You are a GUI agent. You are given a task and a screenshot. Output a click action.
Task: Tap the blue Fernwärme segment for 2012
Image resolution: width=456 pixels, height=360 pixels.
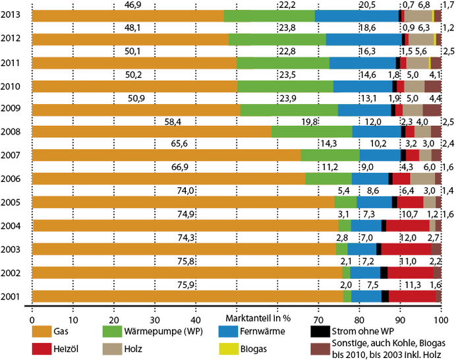point(363,40)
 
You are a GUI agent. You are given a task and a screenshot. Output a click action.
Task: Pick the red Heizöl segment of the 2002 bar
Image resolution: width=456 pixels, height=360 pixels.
point(410,272)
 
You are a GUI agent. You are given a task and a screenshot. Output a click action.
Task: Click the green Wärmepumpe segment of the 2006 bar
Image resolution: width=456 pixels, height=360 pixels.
point(328,179)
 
